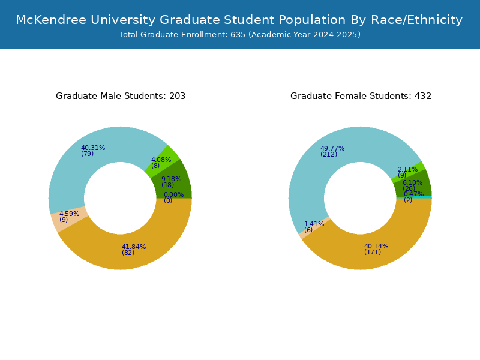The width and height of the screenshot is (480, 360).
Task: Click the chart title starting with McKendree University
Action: (239, 20)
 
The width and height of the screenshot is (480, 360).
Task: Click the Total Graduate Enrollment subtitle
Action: (240, 35)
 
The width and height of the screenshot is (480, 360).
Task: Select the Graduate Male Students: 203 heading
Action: (121, 96)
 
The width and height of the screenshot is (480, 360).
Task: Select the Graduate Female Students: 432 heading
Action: (361, 96)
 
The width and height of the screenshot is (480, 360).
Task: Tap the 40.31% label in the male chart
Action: (93, 148)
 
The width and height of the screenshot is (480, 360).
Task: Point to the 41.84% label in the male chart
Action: (134, 247)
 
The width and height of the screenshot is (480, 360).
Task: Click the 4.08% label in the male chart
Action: (161, 160)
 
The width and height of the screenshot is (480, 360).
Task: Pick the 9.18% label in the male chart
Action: (172, 179)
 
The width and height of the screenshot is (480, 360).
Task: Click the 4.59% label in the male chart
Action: (69, 214)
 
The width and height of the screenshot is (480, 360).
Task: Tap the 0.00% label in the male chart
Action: (173, 194)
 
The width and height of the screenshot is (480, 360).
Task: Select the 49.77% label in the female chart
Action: (332, 148)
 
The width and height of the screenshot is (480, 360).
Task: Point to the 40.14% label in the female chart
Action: (376, 246)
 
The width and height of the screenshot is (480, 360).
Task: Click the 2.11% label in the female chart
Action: (408, 169)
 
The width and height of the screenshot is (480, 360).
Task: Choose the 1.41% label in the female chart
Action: (314, 224)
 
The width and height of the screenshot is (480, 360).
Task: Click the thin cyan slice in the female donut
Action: (414, 197)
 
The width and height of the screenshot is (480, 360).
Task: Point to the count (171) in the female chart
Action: (373, 252)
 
